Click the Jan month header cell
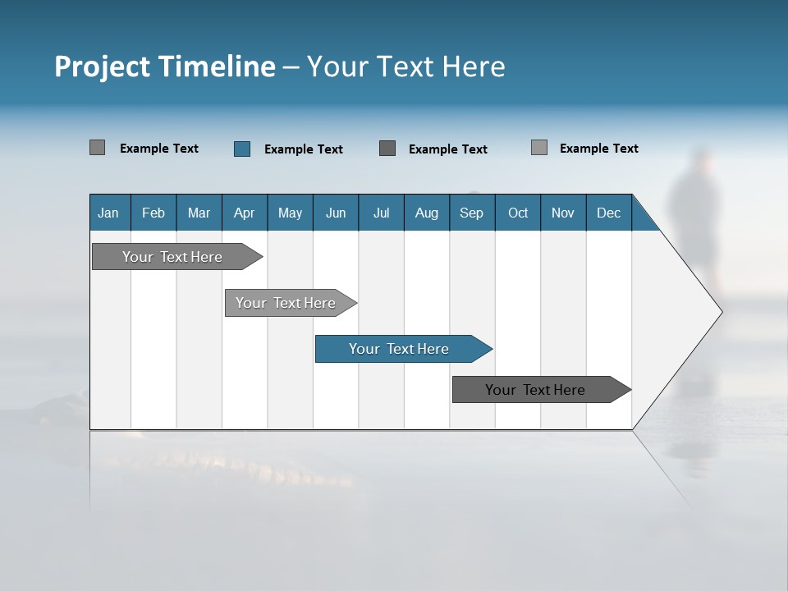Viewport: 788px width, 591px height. (109, 213)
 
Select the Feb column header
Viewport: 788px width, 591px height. (153, 213)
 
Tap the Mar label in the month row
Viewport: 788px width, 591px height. (199, 213)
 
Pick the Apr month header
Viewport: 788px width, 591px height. (245, 213)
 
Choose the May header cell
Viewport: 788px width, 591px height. (290, 213)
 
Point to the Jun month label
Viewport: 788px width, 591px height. (336, 213)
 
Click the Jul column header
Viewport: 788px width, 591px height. (381, 213)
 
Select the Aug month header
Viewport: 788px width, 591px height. (427, 213)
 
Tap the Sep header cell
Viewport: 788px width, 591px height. (472, 213)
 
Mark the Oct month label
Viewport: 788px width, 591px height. (518, 213)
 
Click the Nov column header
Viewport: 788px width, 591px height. (563, 213)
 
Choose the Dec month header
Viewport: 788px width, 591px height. (609, 213)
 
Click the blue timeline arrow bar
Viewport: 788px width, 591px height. (400, 349)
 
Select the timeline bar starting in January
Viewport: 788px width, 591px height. (173, 257)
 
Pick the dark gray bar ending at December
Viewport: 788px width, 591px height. (536, 390)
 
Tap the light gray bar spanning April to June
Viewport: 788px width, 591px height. (286, 303)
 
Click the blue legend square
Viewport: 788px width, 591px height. (242, 149)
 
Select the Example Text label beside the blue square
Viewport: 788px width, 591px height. (304, 149)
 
